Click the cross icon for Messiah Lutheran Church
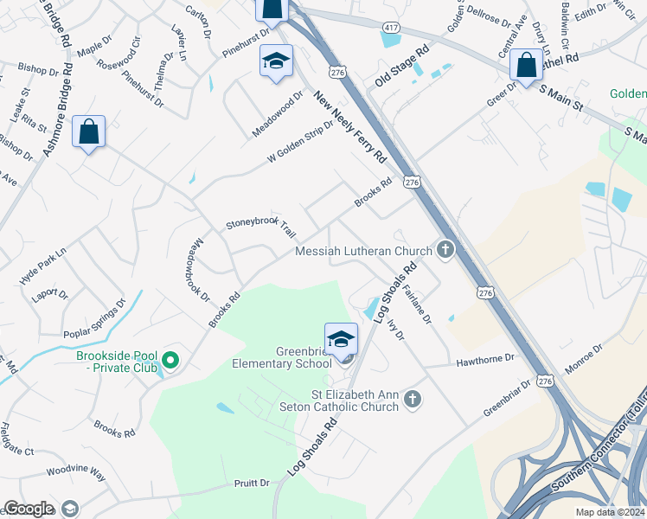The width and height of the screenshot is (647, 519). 445,251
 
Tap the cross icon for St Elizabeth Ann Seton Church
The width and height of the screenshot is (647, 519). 413,399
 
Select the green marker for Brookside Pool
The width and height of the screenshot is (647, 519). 170,360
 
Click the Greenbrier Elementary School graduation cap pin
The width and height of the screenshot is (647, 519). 341,339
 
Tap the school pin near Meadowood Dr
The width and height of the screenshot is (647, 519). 276,61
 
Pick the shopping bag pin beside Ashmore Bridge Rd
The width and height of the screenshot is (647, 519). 88,132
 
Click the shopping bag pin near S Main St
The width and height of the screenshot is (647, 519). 526,65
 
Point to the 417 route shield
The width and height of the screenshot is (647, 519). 392,29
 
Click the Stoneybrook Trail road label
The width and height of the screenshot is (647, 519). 260,227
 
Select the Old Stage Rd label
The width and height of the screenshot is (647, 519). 402,67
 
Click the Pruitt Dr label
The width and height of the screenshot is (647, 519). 252,483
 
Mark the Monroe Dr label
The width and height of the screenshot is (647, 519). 586,362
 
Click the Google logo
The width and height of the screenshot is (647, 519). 29,509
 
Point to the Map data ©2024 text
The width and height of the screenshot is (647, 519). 610,512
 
